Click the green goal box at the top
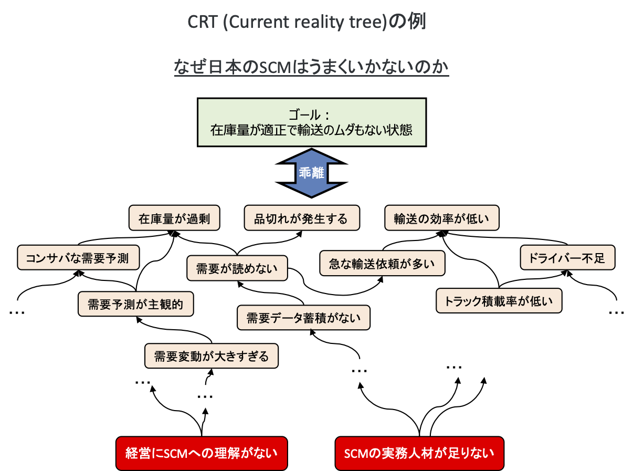coord(311,122)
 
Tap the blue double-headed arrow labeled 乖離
coord(311,173)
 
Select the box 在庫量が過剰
coord(174,218)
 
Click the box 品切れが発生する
coord(302,218)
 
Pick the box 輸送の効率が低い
coord(441,218)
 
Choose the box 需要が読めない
coord(237,268)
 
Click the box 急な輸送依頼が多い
coord(382,263)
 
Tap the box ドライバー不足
coord(567,258)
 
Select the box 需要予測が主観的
coord(135,304)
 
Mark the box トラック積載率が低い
coord(499,301)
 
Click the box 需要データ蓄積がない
coord(303,318)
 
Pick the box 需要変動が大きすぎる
coord(211,357)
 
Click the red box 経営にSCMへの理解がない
coord(202,453)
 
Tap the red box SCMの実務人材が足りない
coord(419,453)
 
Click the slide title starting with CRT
coord(307,22)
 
